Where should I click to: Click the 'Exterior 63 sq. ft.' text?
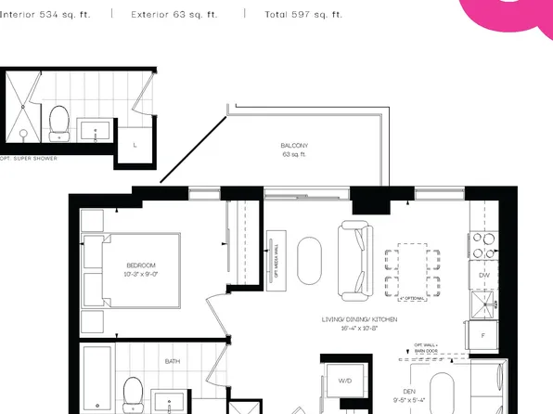point(174,15)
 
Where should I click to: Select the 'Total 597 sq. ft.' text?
point(303,15)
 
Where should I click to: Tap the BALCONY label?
point(294,147)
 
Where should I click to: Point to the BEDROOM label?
point(142,265)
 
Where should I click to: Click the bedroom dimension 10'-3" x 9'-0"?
point(142,275)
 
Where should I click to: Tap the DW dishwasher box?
point(483,276)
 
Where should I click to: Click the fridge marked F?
point(483,333)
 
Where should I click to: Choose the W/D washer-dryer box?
point(344,382)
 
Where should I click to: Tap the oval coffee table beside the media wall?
point(309,261)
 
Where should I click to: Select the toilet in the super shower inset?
point(59,121)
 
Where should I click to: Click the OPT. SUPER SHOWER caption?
point(30,159)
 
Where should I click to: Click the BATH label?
point(173,361)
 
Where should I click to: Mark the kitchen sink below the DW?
point(483,304)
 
